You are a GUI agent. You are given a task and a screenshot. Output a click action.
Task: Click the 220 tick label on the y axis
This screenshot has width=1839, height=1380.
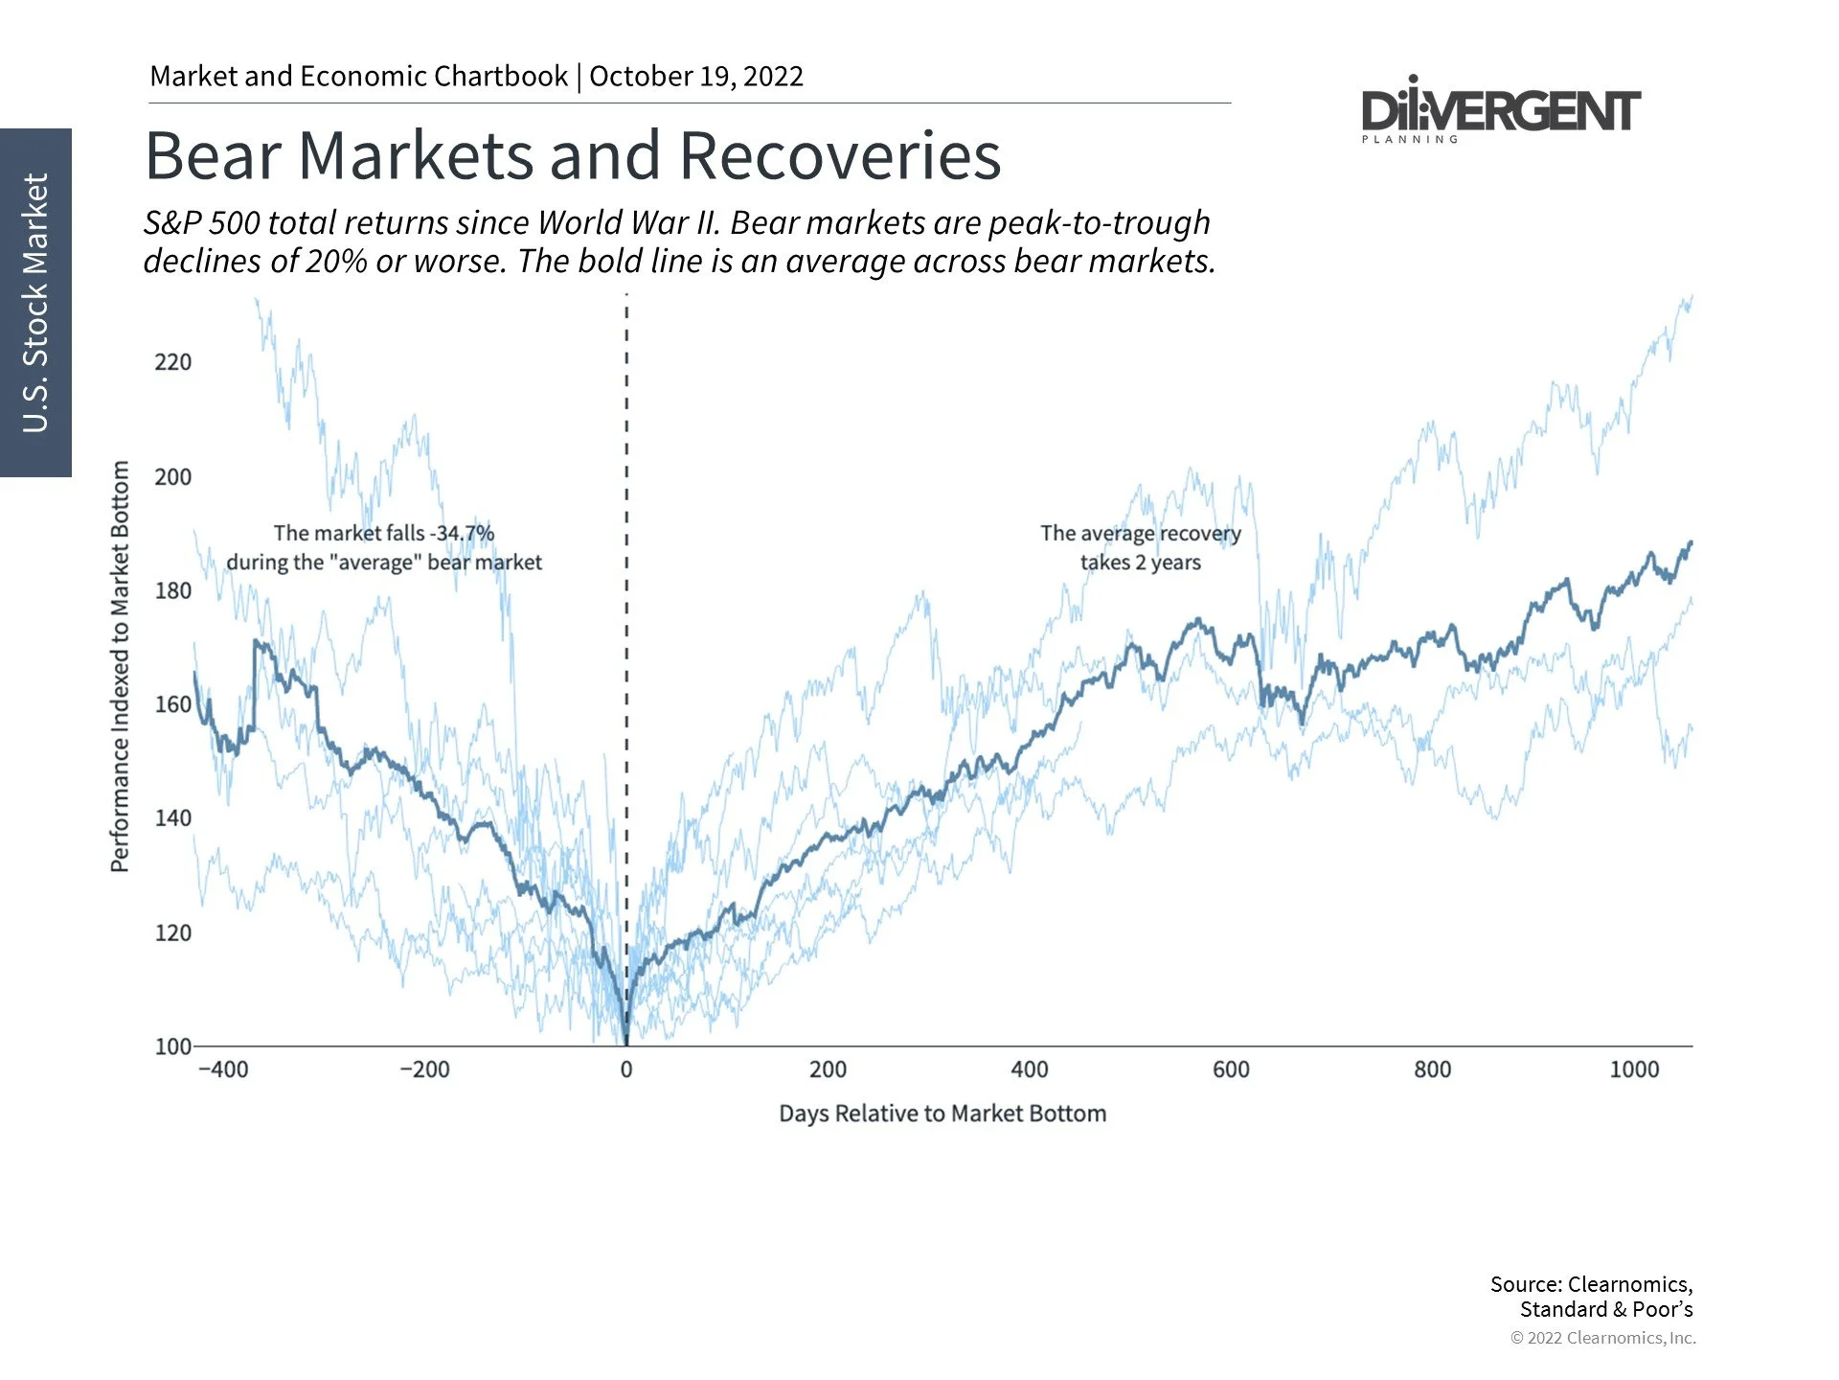(x=172, y=362)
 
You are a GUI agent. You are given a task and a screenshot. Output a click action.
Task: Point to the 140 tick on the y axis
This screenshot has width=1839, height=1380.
(x=172, y=818)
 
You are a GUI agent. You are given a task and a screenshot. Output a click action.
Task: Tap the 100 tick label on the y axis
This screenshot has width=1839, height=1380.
(x=172, y=1046)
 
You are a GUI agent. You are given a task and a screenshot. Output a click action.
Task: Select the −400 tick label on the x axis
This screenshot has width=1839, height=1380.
(x=222, y=1069)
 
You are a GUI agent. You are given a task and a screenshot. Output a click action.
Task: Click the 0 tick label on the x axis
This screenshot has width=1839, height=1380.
(x=626, y=1069)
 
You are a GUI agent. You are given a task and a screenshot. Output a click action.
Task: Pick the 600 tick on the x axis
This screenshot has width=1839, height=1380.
(x=1231, y=1069)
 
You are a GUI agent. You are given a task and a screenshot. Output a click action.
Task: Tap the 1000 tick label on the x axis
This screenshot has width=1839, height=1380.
(x=1634, y=1069)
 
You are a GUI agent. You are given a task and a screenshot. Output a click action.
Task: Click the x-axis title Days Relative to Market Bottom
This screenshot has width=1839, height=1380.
(x=942, y=1114)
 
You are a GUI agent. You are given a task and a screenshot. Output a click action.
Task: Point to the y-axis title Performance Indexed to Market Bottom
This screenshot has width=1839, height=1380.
(x=120, y=666)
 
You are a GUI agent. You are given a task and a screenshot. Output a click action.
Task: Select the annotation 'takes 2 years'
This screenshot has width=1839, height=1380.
(x=1140, y=563)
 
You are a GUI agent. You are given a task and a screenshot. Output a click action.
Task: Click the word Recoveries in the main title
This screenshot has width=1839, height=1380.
(x=840, y=155)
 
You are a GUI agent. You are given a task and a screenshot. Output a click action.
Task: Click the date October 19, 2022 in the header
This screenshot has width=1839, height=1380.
(x=696, y=77)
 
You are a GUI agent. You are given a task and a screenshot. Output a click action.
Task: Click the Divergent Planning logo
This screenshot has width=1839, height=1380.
(x=1500, y=111)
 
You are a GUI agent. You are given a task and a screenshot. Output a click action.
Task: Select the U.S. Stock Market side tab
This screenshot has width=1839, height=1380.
(x=35, y=302)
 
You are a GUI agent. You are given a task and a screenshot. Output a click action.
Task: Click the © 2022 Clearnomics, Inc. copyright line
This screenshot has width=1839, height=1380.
(x=1602, y=1338)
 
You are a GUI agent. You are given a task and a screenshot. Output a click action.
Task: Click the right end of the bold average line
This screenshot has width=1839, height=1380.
(x=1691, y=543)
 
